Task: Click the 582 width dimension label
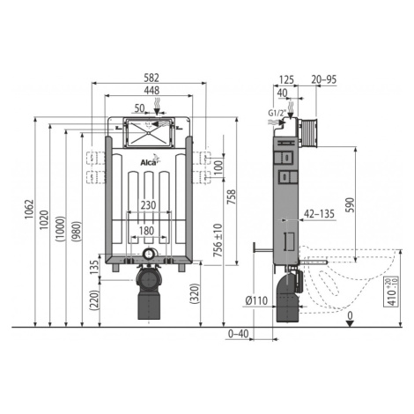[x=152, y=78]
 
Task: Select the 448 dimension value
[x=152, y=91]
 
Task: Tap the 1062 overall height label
[x=29, y=209]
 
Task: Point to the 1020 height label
[x=44, y=220]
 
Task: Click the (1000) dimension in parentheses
[x=60, y=229]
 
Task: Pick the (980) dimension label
[x=76, y=231]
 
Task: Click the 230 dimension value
[x=148, y=204]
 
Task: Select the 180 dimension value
[x=146, y=231]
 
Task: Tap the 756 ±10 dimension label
[x=218, y=240]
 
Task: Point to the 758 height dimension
[x=231, y=197]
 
